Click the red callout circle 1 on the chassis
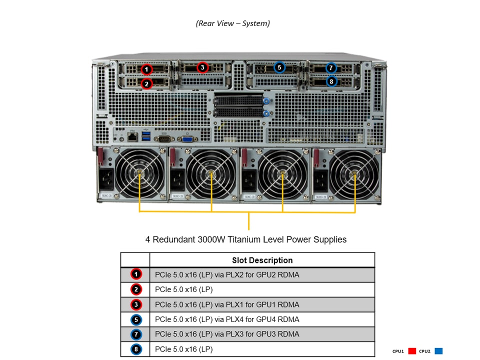point(146,69)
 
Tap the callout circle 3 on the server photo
point(202,67)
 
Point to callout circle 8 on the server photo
point(331,81)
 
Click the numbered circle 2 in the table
point(137,289)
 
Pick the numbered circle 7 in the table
point(137,334)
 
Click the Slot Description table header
point(262,260)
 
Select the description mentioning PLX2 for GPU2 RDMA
point(227,274)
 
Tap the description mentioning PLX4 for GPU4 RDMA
point(227,319)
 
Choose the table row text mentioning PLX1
point(227,304)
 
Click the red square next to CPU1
point(412,351)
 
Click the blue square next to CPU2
point(438,351)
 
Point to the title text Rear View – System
point(233,23)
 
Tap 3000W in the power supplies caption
point(208,239)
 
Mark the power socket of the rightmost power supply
point(320,177)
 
